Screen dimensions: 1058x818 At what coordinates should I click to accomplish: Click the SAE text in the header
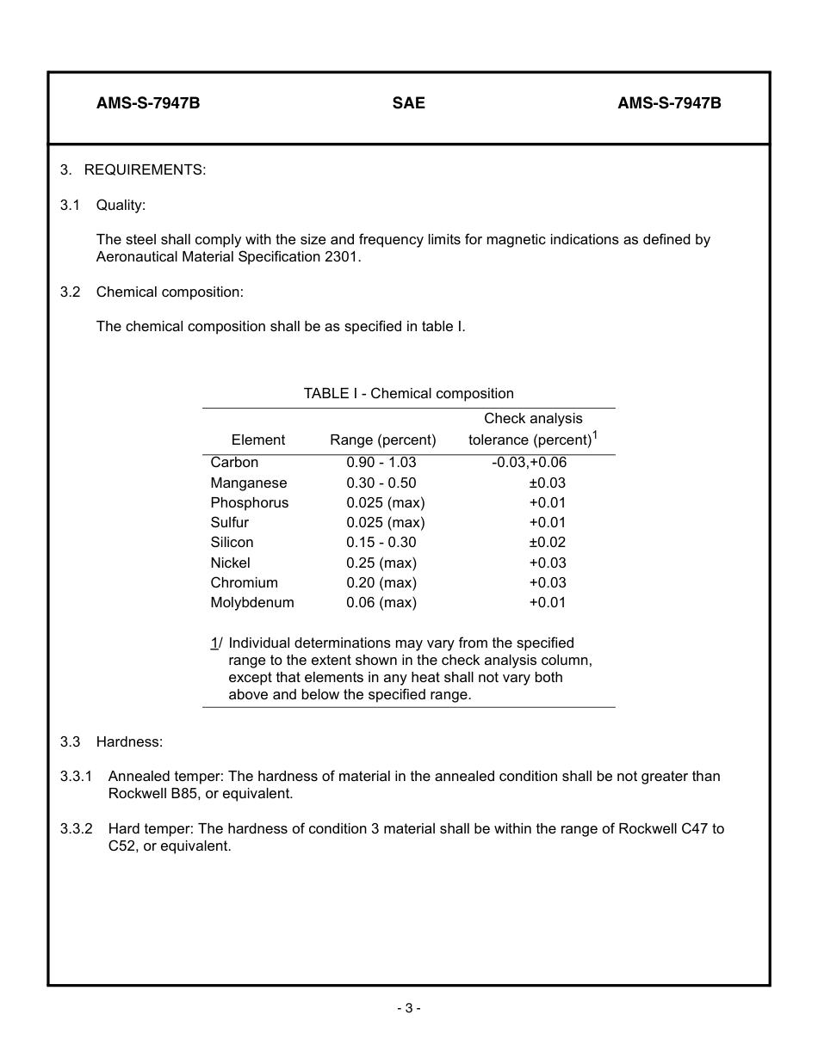[x=408, y=103]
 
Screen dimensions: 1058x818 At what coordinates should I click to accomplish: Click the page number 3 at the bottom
[x=408, y=1008]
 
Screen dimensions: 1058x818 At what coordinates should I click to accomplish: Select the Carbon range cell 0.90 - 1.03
[x=381, y=463]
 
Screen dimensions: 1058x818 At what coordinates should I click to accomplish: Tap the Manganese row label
[x=248, y=483]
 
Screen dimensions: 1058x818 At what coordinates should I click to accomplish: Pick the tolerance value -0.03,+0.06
[x=529, y=463]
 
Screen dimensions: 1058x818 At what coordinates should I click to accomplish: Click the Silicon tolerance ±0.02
[x=547, y=543]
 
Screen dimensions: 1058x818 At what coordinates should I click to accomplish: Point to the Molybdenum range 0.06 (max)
[x=381, y=603]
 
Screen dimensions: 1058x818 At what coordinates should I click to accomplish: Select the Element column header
[x=257, y=440]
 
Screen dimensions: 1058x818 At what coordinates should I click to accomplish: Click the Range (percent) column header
[x=382, y=440]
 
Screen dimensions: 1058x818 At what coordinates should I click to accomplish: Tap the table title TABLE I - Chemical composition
[x=408, y=394]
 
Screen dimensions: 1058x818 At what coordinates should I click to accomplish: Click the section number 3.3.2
[x=76, y=829]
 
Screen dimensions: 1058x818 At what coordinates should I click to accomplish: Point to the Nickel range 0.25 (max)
[x=381, y=563]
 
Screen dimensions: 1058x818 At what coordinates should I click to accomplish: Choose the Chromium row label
[x=244, y=583]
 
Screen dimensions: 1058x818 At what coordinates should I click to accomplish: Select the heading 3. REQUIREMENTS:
[x=133, y=170]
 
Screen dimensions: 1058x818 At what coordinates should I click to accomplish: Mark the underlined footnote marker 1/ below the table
[x=215, y=643]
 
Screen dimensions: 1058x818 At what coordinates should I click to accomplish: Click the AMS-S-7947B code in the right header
[x=668, y=103]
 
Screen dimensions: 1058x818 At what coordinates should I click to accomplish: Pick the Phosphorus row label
[x=249, y=503]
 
